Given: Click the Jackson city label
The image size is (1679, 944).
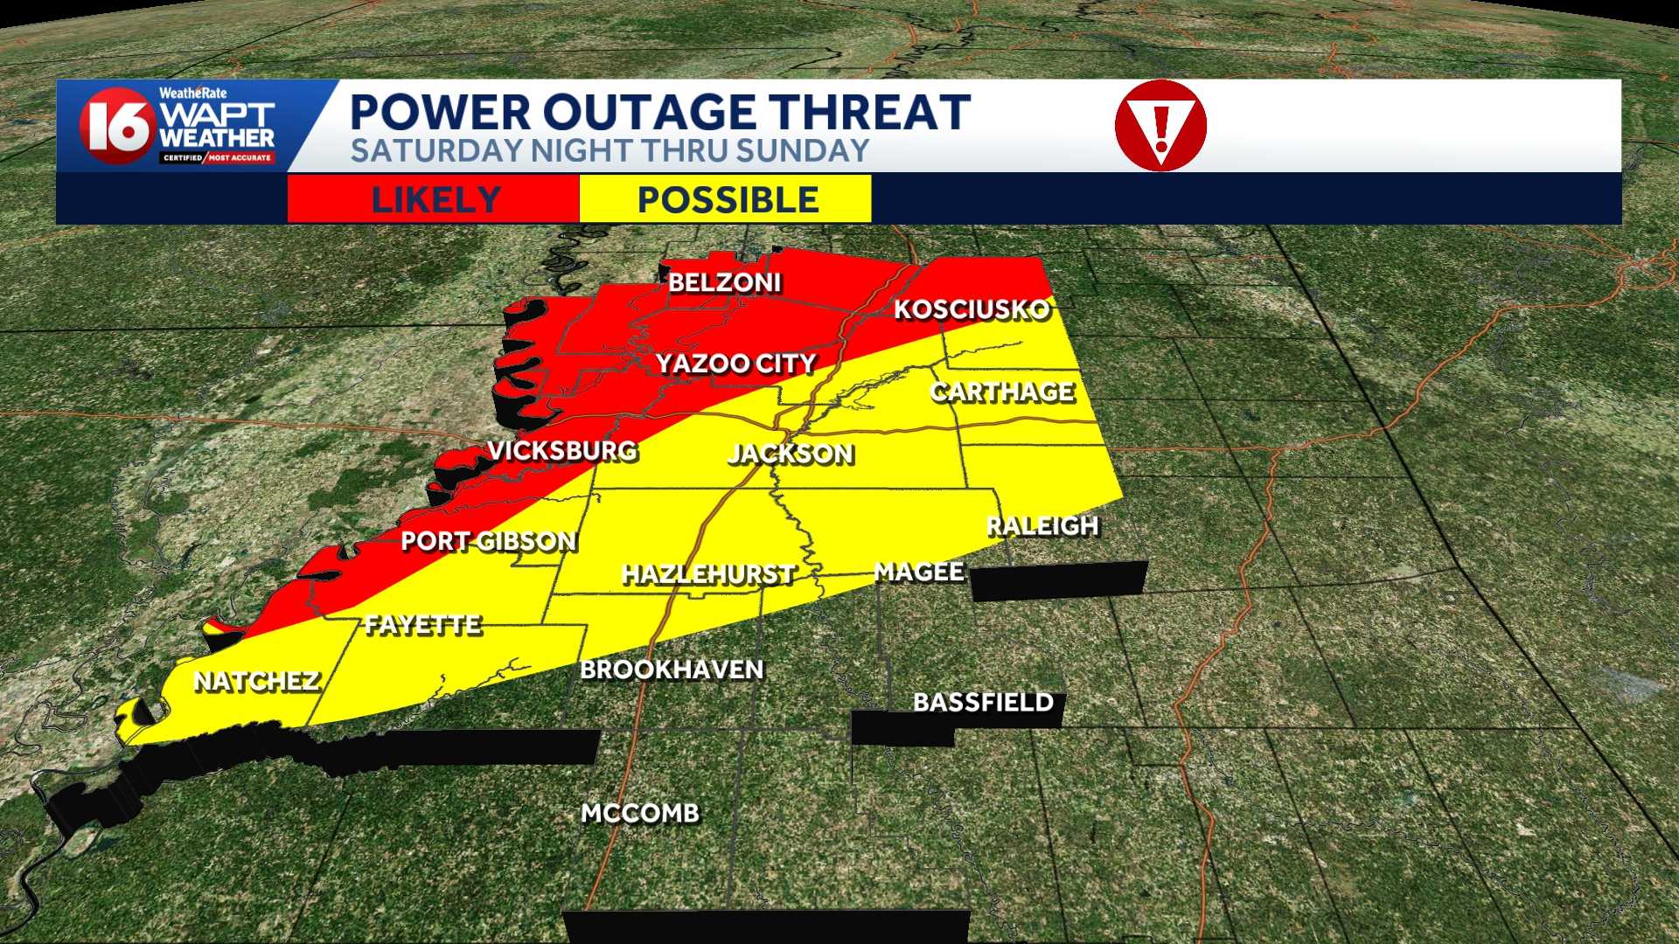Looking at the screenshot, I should (791, 454).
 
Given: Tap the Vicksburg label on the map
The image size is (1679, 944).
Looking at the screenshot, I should (562, 451).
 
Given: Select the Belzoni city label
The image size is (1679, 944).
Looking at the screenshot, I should (724, 282).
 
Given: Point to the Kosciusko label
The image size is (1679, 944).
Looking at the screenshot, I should (971, 310).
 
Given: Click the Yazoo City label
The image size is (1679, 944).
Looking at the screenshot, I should (735, 364).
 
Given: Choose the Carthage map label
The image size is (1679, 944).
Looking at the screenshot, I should (1002, 392).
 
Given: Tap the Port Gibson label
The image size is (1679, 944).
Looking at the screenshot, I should (488, 542).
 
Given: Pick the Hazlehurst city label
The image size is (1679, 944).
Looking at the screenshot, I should (707, 574).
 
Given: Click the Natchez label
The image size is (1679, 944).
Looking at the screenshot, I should (256, 682).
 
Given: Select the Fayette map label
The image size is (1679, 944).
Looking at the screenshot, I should (423, 625).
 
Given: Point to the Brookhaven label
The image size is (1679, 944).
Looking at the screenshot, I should (672, 670).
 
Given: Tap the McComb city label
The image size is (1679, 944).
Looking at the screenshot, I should (640, 814).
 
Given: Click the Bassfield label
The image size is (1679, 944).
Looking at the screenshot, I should (983, 702).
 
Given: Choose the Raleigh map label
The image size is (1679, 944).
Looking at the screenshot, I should (1042, 526).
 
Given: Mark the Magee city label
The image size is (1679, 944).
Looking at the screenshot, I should (919, 573).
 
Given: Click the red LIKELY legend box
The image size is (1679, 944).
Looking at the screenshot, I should (434, 199).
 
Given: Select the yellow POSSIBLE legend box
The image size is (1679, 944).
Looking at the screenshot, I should (726, 199).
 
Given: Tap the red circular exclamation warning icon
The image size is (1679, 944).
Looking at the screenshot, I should (1160, 125).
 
